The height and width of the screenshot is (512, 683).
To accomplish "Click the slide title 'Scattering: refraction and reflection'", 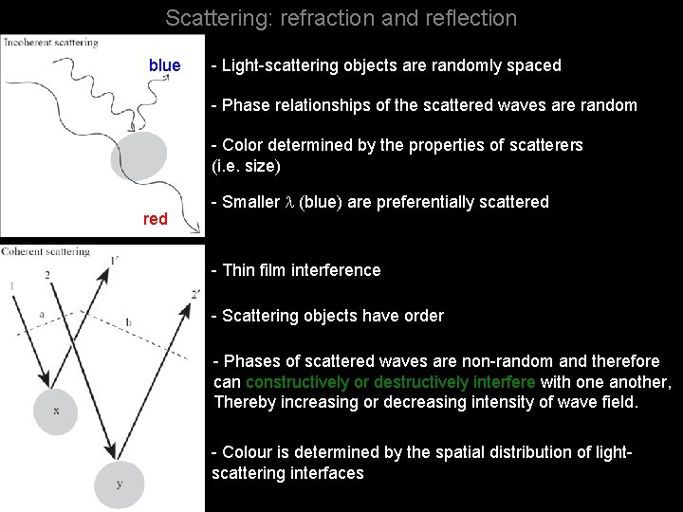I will point(341,18).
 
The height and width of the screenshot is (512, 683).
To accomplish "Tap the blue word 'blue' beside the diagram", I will point(164,65).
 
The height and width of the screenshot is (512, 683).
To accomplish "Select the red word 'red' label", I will point(156,219).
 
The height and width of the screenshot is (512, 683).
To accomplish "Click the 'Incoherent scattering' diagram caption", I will point(51,43).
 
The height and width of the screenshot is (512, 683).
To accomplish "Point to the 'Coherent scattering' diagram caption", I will point(47,251).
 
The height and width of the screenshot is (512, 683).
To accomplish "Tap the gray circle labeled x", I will point(57,410).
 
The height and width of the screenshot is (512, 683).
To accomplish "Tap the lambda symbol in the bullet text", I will point(290,203).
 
